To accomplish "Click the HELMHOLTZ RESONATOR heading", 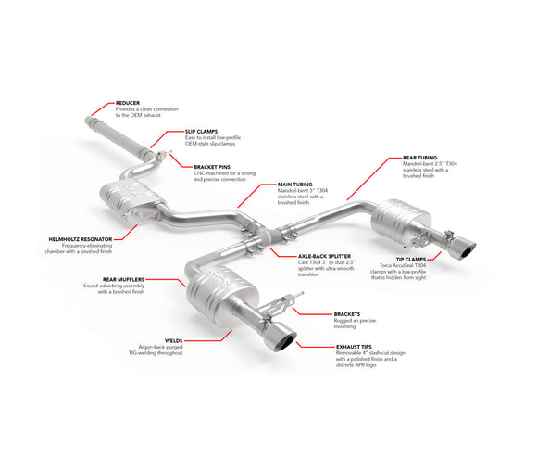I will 80,238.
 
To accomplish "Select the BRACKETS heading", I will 347,313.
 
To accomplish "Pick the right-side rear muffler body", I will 398,219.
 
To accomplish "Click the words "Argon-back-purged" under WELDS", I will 158,348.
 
